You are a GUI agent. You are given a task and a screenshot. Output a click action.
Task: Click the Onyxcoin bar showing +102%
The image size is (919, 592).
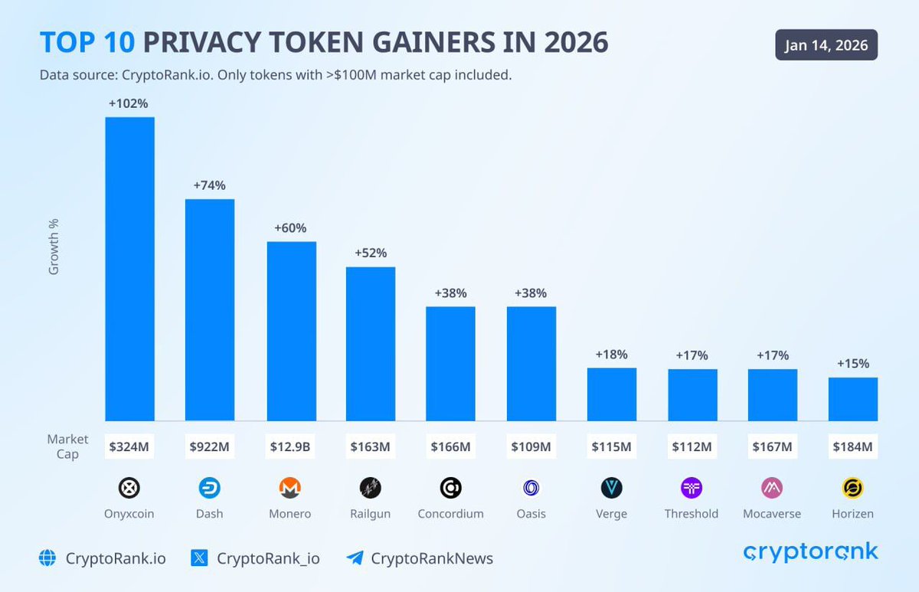(x=129, y=268)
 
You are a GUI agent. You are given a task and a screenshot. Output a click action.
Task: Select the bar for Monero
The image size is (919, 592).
(x=291, y=331)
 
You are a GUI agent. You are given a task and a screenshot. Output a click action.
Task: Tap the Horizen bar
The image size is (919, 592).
(x=852, y=398)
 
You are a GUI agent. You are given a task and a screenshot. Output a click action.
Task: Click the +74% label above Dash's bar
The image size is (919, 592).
(x=209, y=185)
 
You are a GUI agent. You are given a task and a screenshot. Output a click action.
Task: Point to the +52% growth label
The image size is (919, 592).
(x=370, y=253)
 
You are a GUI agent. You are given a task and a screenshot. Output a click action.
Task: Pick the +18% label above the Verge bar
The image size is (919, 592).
(x=611, y=355)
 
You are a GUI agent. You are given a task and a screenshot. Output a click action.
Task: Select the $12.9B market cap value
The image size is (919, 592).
(x=290, y=446)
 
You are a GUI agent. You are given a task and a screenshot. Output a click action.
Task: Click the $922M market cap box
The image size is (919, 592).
(x=209, y=446)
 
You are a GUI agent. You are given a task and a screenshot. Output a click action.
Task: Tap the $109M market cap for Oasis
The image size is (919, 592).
(x=531, y=446)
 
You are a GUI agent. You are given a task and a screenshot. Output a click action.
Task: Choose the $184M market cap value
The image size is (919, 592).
(x=852, y=446)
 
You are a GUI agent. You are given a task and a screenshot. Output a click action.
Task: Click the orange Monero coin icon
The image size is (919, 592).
(x=289, y=488)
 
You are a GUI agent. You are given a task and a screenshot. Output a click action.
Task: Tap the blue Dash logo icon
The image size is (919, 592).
(x=209, y=488)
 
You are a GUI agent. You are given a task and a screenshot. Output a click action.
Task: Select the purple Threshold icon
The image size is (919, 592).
(x=692, y=488)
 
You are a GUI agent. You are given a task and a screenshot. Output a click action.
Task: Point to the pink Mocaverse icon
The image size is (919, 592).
(x=772, y=488)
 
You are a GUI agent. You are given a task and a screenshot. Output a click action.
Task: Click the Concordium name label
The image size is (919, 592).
(x=450, y=514)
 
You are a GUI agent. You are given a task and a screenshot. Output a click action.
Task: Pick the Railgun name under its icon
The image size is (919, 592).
(x=370, y=514)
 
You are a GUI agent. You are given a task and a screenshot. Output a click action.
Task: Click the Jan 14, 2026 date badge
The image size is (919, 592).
(x=826, y=45)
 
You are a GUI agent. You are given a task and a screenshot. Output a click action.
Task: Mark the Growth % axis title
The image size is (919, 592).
(x=54, y=247)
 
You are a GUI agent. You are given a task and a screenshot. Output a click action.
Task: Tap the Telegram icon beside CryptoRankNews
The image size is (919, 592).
(x=355, y=558)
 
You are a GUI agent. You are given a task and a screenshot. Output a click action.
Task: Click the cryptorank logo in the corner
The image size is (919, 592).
(x=810, y=553)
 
